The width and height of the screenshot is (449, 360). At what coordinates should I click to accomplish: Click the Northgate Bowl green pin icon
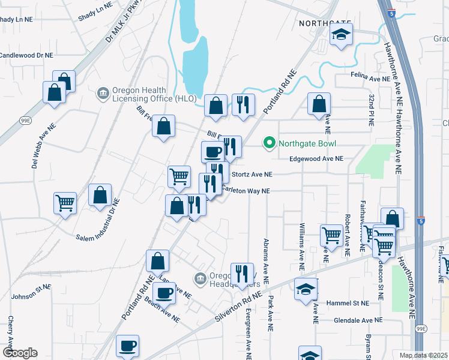pyautogui.click(x=270, y=143)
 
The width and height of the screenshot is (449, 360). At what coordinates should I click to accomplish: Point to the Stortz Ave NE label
pyautogui.click(x=252, y=175)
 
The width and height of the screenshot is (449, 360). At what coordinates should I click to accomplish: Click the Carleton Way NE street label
pyautogui.click(x=247, y=191)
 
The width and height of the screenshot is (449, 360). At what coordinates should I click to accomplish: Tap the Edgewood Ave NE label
pyautogui.click(x=316, y=159)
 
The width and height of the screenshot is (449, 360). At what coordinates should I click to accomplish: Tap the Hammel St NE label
pyautogui.click(x=350, y=304)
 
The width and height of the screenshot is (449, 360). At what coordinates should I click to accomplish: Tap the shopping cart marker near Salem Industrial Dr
pyautogui.click(x=65, y=202)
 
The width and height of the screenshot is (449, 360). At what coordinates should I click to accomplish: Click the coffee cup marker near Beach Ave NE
pyautogui.click(x=164, y=293)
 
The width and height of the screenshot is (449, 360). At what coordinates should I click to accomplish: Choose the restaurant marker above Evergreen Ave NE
pyautogui.click(x=242, y=274)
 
